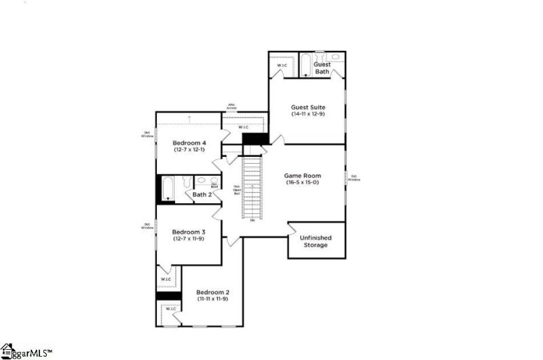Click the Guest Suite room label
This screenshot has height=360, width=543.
[x=307, y=107]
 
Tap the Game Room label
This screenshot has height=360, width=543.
[x=307, y=175]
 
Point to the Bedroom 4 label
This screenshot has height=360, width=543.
[x=189, y=143]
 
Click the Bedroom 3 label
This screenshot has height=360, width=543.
[x=189, y=232]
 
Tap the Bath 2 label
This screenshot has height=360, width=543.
[x=202, y=195]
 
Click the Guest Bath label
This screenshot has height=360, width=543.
[x=322, y=68]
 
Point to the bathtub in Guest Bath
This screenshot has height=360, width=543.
[x=305, y=65]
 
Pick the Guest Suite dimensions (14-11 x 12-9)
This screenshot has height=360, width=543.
[x=307, y=115]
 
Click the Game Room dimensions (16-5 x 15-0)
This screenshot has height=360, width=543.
[x=307, y=183]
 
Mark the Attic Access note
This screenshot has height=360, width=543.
[x=231, y=107]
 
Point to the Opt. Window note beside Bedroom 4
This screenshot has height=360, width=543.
[x=147, y=134]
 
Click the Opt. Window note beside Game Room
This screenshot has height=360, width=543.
[x=354, y=179]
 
